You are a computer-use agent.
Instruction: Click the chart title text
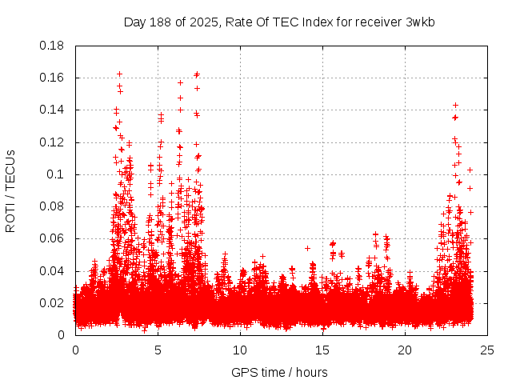click(x=279, y=22)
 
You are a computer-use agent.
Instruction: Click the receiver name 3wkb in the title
click(x=419, y=22)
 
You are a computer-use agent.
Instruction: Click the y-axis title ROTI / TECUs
click(x=10, y=190)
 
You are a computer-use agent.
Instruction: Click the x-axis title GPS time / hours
click(x=279, y=372)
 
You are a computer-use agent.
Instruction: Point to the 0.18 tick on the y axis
click(x=53, y=46)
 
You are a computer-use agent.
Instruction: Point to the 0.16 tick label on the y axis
click(x=53, y=78)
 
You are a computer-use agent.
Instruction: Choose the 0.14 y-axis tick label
click(x=53, y=110)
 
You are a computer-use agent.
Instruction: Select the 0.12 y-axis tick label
click(x=53, y=142)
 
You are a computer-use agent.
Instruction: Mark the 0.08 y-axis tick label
click(x=53, y=206)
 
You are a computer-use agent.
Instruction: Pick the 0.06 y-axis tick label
click(x=53, y=238)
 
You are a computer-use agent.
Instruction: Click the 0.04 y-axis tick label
click(x=53, y=271)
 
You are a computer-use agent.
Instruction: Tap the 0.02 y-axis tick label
click(x=53, y=303)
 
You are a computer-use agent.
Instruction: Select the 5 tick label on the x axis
click(x=158, y=350)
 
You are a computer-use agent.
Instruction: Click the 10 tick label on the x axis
click(x=240, y=350)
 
